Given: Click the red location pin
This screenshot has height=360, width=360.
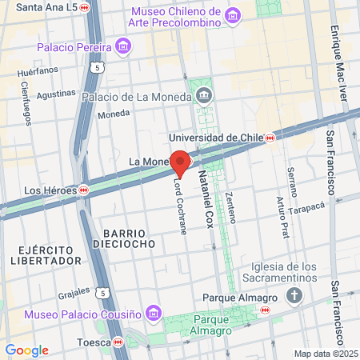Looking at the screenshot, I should coord(180,162).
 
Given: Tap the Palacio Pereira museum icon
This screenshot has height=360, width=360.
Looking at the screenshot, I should coord(122,46).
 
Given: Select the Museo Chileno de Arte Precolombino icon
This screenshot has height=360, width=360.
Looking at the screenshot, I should coord(233,15).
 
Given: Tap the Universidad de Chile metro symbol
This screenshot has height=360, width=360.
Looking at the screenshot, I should coord(271,138).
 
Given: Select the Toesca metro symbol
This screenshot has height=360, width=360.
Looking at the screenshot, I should coord(118,342).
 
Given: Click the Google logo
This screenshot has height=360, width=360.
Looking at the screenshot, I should coord(26,350).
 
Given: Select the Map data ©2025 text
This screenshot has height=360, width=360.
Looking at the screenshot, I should coord(325,354).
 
